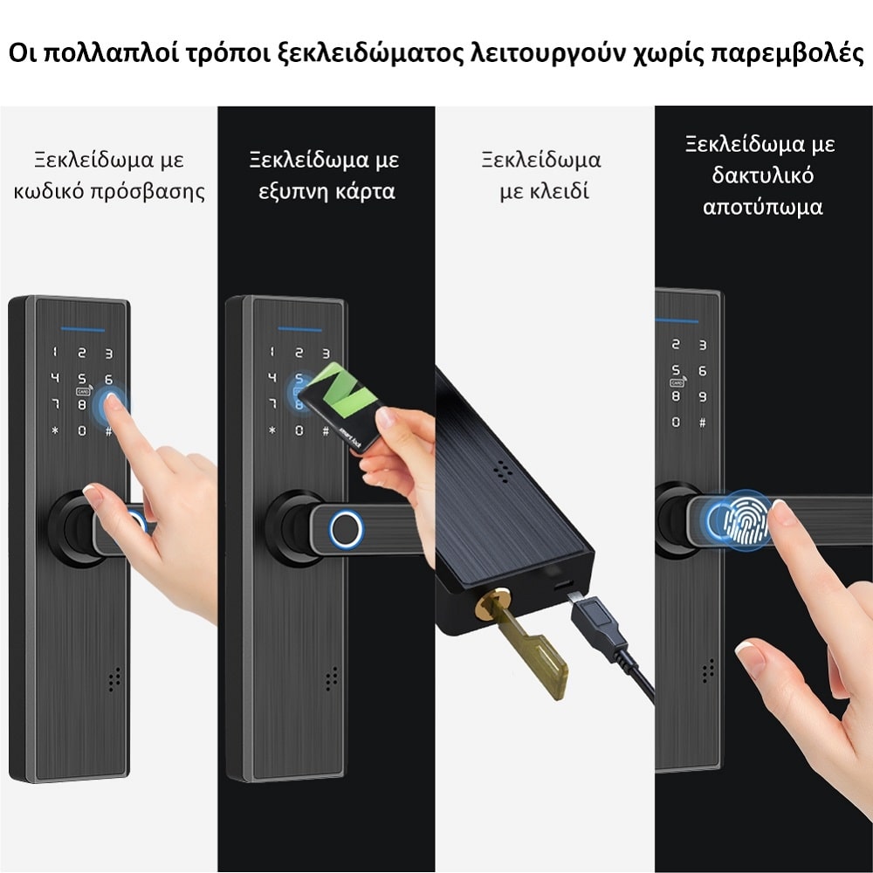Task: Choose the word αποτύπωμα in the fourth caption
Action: click(x=762, y=207)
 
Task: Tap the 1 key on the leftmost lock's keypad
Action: click(x=54, y=352)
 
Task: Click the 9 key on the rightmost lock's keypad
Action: click(x=702, y=396)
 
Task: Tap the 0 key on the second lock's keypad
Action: click(x=299, y=430)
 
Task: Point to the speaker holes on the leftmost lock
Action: click(x=114, y=679)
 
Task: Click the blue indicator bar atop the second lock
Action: click(x=299, y=330)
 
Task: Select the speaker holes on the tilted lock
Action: click(x=503, y=471)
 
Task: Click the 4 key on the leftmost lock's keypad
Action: click(x=54, y=378)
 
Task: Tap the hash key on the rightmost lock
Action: click(x=702, y=422)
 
